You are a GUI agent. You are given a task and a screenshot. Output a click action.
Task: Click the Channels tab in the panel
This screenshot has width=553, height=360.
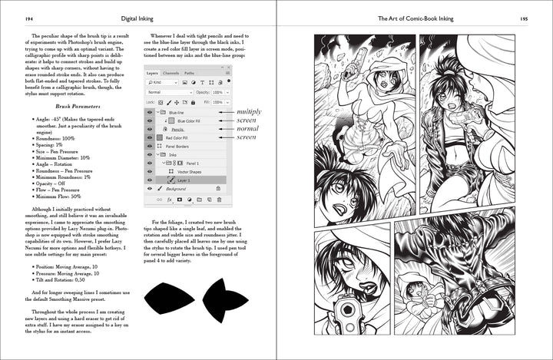click(171, 73)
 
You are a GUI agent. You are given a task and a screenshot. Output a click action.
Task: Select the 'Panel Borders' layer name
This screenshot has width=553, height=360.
click(177, 146)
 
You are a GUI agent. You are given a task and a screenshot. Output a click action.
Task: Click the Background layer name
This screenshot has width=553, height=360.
click(176, 188)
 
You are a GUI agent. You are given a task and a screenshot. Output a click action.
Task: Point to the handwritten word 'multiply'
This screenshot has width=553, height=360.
click(251, 111)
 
